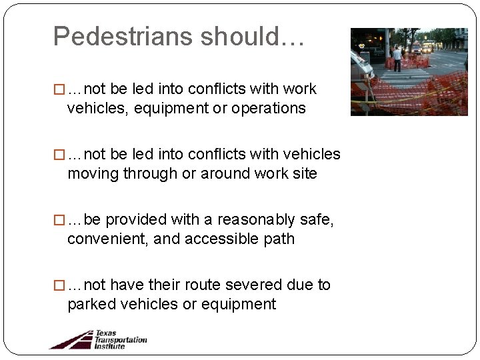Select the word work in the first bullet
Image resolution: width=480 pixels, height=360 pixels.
pyautogui.click(x=300, y=89)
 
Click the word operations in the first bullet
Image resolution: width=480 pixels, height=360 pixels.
pyautogui.click(x=269, y=109)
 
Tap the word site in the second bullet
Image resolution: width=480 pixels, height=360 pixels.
pyautogui.click(x=304, y=174)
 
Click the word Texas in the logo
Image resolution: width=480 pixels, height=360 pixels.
pyautogui.click(x=105, y=333)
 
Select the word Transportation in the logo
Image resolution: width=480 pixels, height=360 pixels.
pyautogui.click(x=121, y=339)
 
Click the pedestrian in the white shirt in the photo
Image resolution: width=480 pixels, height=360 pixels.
pyautogui.click(x=397, y=58)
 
